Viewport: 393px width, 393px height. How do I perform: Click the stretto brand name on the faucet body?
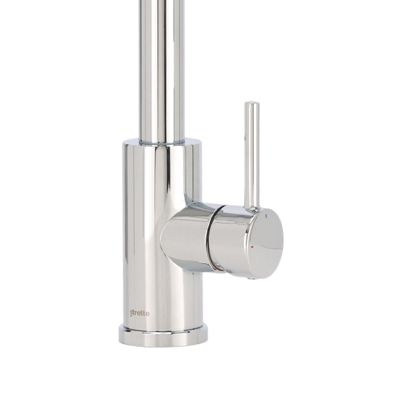click(140, 313)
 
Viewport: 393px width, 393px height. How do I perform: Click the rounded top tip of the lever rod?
click(252, 103)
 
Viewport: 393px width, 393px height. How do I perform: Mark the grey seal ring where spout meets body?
click(162, 142)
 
